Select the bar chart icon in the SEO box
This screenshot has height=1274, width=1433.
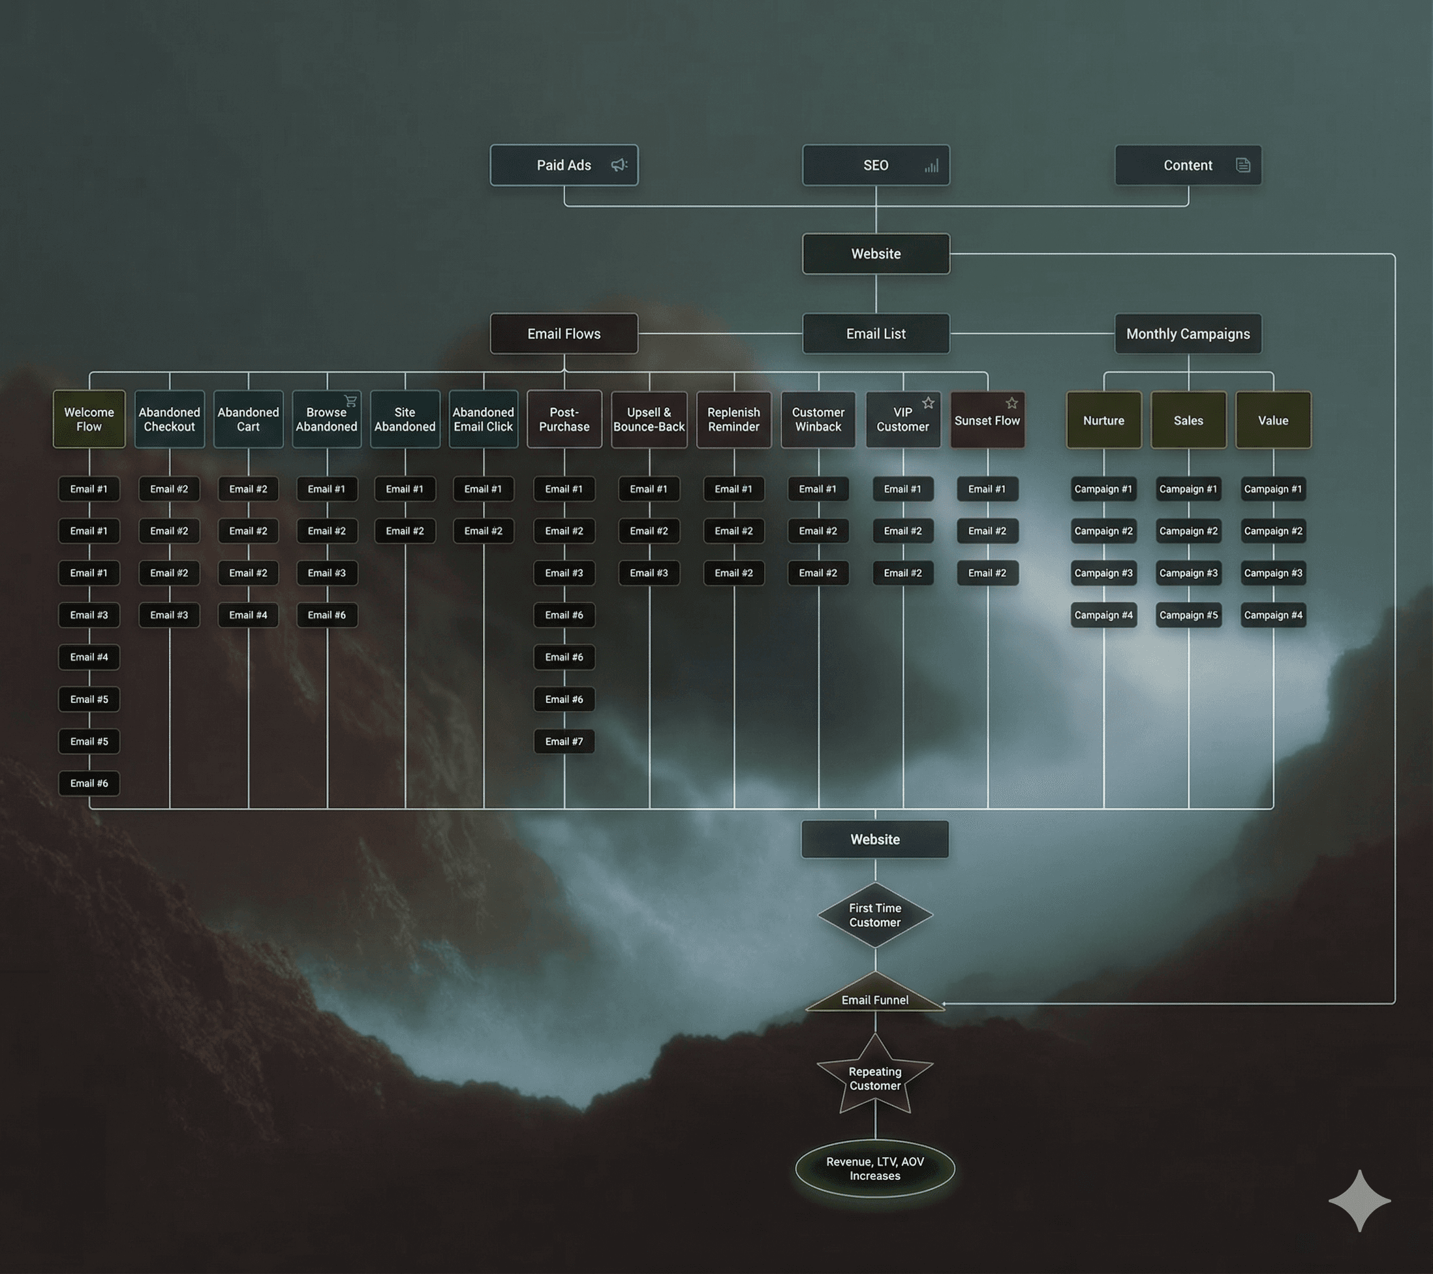click(931, 166)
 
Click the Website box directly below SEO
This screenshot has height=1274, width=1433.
click(876, 254)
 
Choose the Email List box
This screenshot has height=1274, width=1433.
click(876, 334)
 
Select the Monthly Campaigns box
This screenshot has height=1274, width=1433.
click(1188, 334)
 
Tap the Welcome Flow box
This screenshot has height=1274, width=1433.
click(89, 419)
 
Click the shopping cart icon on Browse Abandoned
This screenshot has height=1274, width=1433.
click(350, 401)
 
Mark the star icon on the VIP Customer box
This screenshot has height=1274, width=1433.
click(928, 403)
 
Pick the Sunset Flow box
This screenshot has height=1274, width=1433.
click(987, 421)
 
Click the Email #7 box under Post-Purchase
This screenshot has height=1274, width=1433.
click(564, 741)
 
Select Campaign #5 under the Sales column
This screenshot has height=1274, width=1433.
click(1188, 615)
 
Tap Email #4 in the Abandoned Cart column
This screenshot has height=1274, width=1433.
click(248, 615)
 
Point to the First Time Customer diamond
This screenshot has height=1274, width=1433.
click(875, 915)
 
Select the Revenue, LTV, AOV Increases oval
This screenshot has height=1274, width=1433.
click(875, 1169)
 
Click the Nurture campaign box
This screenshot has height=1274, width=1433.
click(1103, 421)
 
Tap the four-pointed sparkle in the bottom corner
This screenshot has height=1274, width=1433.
click(1359, 1200)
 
